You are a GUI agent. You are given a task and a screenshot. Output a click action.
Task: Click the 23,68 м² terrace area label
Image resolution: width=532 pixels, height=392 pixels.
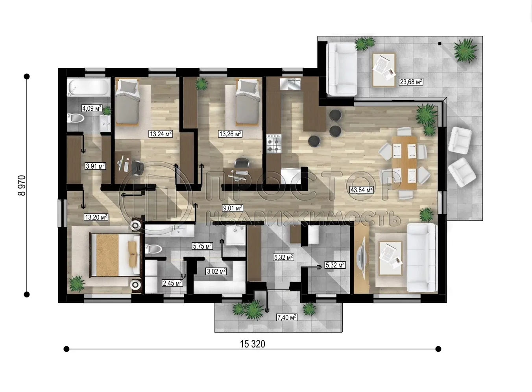pyautogui.click(x=411, y=82)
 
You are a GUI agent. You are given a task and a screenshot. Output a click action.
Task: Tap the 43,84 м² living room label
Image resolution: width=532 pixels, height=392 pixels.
pyautogui.click(x=361, y=190)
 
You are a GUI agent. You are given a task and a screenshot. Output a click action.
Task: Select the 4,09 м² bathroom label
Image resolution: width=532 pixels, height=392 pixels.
pyautogui.click(x=91, y=108)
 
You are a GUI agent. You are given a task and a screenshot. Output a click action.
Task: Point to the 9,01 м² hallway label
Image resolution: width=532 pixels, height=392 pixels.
pyautogui.click(x=232, y=208)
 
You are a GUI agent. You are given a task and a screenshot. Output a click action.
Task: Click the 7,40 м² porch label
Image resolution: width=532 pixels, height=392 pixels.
pyautogui.click(x=286, y=317)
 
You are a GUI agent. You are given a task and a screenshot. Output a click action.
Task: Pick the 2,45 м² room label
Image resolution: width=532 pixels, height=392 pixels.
pyautogui.click(x=172, y=283)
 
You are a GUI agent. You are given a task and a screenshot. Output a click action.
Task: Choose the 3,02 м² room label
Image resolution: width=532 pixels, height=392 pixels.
pyautogui.click(x=216, y=271)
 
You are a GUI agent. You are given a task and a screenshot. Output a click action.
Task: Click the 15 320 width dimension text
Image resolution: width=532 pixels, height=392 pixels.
pyautogui.click(x=252, y=344)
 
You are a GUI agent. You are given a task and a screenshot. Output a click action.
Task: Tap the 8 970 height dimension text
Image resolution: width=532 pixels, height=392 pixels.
pyautogui.click(x=22, y=186)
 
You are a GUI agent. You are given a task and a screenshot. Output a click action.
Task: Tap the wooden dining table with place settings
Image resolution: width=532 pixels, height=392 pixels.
pyautogui.click(x=404, y=162)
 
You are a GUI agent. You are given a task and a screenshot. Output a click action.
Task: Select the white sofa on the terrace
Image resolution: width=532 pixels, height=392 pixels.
pyautogui.click(x=342, y=69)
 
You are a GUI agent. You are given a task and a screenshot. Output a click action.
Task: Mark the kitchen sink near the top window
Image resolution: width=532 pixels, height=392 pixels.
pyautogui.click(x=290, y=84)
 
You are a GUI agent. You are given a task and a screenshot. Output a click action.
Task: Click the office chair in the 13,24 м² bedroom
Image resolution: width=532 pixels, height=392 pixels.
pyautogui.click(x=137, y=167)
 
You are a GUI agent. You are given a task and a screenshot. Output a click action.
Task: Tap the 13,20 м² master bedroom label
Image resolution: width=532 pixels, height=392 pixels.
pyautogui.click(x=96, y=217)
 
